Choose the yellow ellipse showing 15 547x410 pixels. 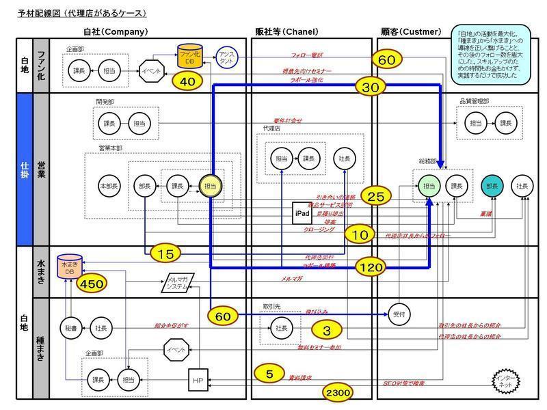click(x=166, y=254)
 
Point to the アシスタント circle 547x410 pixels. click(x=226, y=57)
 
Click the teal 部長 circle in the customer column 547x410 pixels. click(x=492, y=185)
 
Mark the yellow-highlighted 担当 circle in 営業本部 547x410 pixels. click(x=210, y=185)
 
